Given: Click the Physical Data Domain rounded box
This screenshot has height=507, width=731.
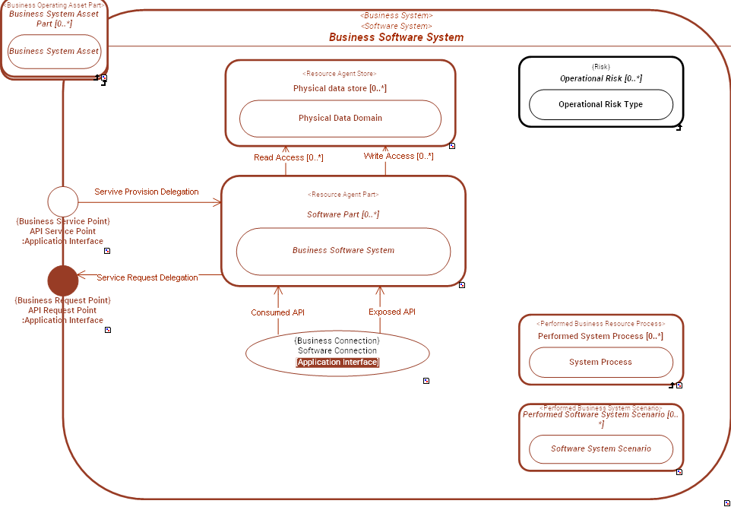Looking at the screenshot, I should [340, 119].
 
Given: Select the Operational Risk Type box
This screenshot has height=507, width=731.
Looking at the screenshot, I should [600, 105].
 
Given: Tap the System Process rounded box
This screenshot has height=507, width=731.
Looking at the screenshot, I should [600, 363].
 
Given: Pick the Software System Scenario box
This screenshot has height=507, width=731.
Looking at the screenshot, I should [600, 449].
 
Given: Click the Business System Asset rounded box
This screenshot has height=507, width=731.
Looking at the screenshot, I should [54, 52].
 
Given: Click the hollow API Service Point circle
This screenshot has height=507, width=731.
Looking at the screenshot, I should [63, 201].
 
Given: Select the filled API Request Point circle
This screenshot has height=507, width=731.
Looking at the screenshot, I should [63, 280].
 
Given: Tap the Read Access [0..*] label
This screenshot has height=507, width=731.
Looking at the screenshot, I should [289, 158].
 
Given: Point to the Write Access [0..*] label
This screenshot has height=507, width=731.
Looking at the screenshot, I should [398, 157].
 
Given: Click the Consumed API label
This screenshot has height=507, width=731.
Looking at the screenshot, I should [277, 312].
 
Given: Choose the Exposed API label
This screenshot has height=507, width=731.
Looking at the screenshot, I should [392, 312].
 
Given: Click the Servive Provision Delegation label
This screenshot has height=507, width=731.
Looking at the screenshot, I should [147, 192].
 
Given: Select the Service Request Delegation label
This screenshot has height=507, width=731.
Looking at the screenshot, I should [147, 278].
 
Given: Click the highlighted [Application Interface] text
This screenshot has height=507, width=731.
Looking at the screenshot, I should [337, 363].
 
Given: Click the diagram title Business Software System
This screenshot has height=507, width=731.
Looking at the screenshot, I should [396, 37].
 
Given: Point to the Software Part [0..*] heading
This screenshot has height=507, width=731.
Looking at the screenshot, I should [343, 214].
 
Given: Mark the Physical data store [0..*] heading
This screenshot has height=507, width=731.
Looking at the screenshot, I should [340, 88].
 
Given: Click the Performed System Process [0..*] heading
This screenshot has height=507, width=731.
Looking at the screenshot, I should [600, 336].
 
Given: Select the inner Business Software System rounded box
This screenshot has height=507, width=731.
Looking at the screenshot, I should [343, 251].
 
